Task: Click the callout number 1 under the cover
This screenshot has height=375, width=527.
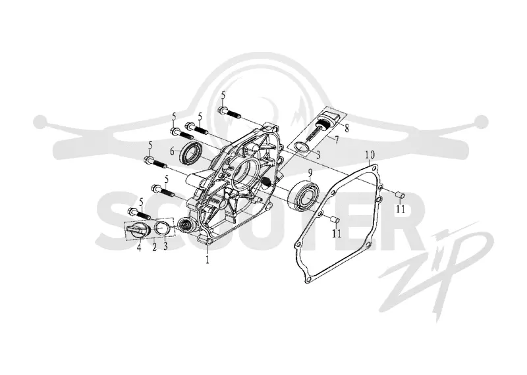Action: (x=208, y=259)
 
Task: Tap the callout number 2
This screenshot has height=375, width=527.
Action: (x=155, y=247)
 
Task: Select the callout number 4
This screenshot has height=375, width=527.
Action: (x=139, y=248)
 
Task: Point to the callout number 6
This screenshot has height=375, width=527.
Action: (x=173, y=151)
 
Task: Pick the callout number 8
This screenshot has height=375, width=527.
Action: (x=347, y=128)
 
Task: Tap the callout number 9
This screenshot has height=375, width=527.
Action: (x=310, y=172)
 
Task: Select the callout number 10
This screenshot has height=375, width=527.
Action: (x=370, y=155)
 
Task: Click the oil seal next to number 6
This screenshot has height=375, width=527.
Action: (x=190, y=153)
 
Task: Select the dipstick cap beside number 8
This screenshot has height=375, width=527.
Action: (x=332, y=118)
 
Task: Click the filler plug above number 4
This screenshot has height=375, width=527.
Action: (x=138, y=230)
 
